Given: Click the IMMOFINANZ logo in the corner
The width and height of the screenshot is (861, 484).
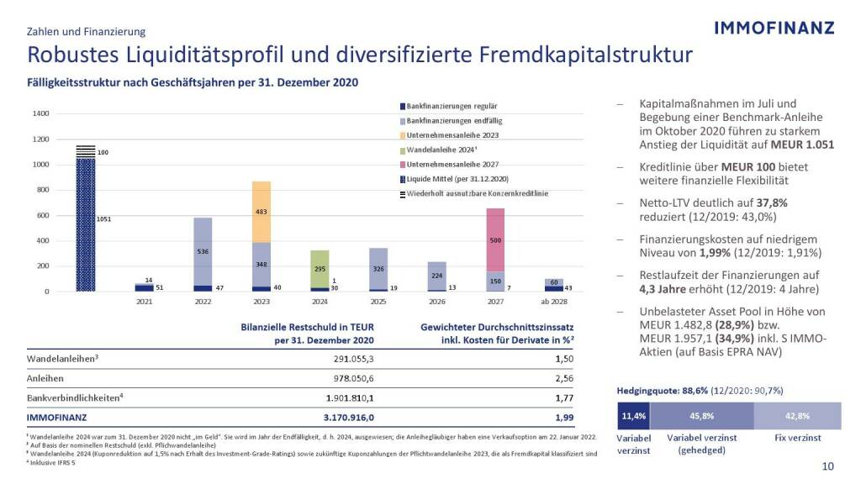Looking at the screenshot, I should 774,28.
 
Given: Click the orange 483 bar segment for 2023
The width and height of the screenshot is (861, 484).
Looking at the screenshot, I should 261,212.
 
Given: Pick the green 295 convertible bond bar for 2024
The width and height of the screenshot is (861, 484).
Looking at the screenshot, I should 320,269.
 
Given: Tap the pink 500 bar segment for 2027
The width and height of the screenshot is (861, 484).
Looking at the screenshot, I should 495,239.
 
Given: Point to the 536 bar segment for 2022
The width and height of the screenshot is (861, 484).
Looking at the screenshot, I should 203,251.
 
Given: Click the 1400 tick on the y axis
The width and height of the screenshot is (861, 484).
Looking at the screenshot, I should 41,113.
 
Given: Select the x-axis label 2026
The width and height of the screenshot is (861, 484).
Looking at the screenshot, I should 436,301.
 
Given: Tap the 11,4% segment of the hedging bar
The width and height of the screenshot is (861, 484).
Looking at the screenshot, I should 633,416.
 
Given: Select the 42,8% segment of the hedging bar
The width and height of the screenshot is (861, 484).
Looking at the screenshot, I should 797,416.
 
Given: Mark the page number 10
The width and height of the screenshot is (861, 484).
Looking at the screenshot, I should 827,466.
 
